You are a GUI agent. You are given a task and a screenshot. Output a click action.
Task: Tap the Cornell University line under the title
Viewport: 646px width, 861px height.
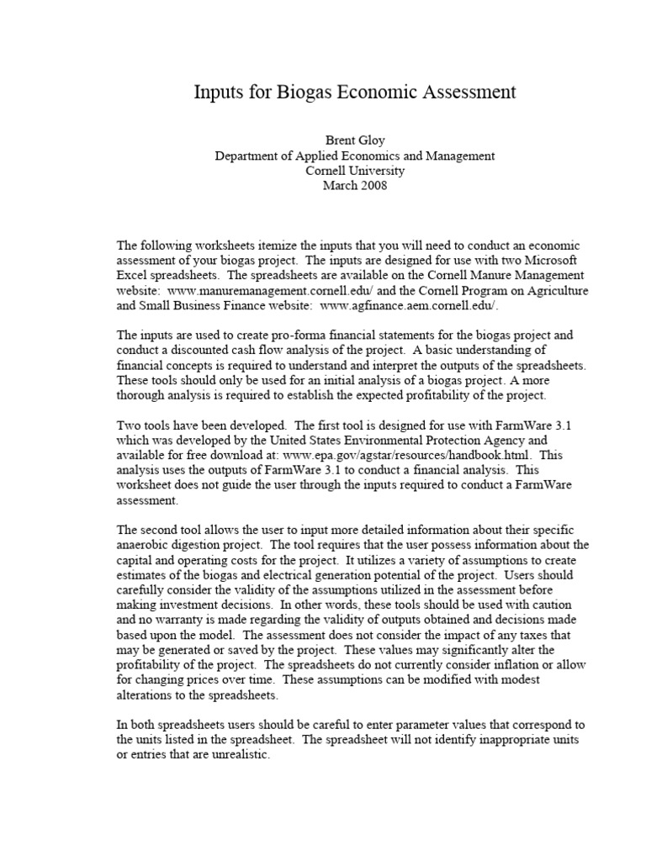click(x=355, y=171)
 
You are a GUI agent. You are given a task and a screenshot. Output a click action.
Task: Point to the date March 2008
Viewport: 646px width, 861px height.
click(x=355, y=186)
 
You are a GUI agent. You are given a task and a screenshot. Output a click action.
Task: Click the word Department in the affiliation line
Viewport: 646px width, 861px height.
click(x=246, y=156)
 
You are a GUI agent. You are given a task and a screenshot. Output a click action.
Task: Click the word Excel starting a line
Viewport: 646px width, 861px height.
click(x=133, y=275)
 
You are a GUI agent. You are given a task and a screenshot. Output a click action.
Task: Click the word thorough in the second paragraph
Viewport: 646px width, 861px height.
click(x=143, y=395)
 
